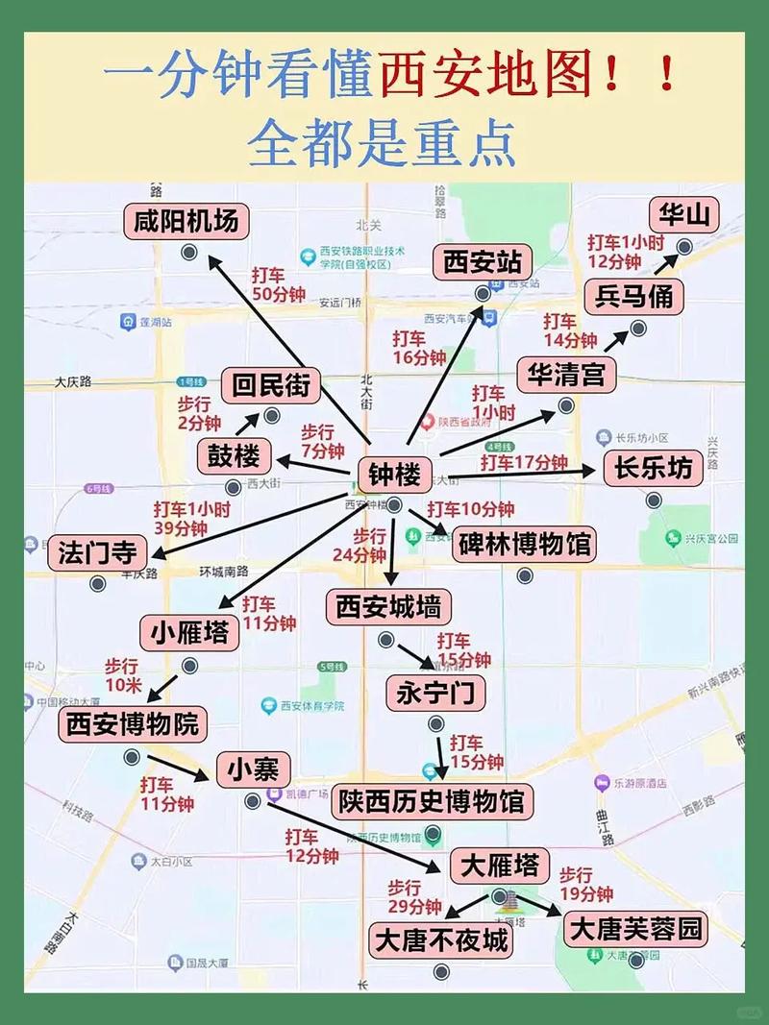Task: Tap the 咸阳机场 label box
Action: click(x=186, y=221)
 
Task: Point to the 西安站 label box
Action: click(x=483, y=262)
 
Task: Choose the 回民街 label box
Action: click(x=271, y=385)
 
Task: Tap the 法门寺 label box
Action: click(x=97, y=552)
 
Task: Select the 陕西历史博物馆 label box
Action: click(x=433, y=801)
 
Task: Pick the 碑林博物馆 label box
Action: click(x=524, y=545)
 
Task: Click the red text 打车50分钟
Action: click(x=279, y=284)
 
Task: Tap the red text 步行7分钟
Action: click(x=322, y=441)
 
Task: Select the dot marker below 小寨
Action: click(x=252, y=800)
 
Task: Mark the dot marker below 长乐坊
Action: click(x=654, y=500)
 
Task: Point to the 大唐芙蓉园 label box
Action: click(x=635, y=929)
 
